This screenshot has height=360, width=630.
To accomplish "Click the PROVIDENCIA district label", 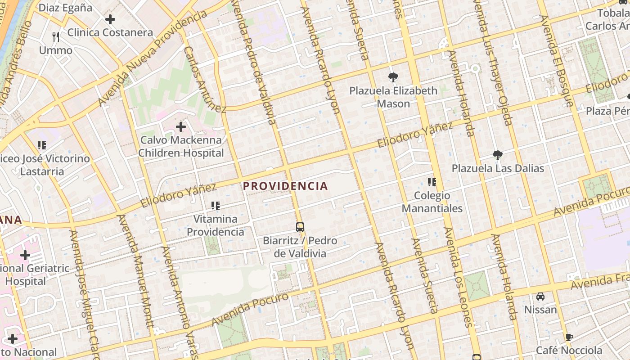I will click(x=285, y=186).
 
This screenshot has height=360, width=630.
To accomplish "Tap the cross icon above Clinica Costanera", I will click(x=110, y=19).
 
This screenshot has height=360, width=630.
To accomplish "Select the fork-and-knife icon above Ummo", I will click(x=56, y=36).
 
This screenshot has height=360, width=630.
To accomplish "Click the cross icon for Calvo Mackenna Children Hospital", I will click(x=181, y=127).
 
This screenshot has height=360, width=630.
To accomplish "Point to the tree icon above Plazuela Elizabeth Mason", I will click(x=393, y=77).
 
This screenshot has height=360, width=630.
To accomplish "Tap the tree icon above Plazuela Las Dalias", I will click(x=497, y=155).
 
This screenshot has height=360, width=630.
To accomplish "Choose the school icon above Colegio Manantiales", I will click(x=432, y=182).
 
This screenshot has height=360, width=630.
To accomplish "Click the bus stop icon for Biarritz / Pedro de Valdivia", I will click(x=300, y=227).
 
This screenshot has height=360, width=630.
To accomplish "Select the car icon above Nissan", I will click(x=540, y=297).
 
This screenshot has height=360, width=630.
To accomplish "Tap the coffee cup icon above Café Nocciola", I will click(x=569, y=337).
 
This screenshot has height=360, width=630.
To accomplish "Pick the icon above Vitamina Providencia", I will click(x=216, y=206).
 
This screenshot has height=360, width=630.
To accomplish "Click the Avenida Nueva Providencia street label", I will click(x=153, y=58).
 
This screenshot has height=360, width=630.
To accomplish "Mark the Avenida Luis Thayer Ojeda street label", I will click(x=493, y=63).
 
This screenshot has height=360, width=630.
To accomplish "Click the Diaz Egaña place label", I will click(x=65, y=8).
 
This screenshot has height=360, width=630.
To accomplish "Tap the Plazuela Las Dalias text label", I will click(x=498, y=169).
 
